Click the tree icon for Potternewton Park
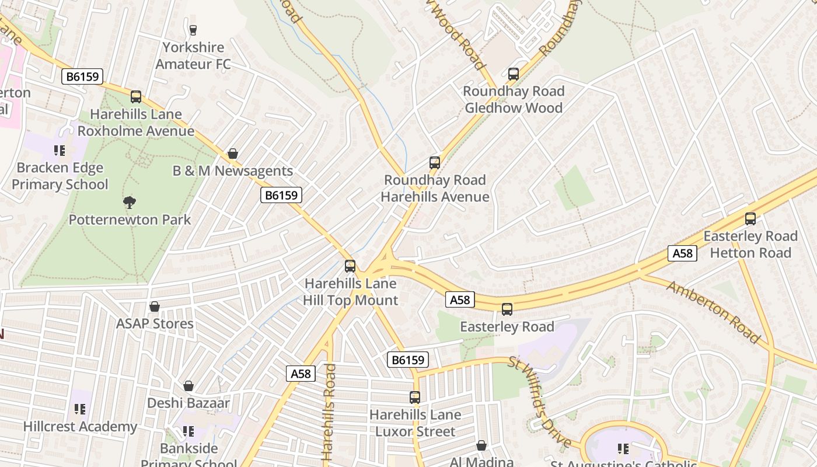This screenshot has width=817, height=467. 130,203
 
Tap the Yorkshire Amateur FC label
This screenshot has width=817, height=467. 193,55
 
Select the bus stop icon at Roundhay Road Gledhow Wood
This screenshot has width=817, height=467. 514,74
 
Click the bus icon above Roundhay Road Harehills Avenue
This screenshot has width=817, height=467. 435,163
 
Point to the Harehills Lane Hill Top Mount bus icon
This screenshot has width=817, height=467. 350,266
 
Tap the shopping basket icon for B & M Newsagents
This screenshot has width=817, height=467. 233,154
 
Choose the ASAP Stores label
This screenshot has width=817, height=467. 155,323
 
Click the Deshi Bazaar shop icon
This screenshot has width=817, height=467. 188,386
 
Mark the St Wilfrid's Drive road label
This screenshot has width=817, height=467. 540,402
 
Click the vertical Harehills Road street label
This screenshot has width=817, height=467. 329,412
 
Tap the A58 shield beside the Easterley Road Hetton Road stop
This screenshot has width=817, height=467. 682,253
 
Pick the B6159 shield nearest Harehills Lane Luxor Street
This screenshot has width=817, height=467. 408,360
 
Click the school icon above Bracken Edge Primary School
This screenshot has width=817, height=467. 60,151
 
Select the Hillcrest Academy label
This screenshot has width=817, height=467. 80,427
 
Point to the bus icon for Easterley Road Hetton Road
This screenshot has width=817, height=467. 750,219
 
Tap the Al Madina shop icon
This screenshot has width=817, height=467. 481,445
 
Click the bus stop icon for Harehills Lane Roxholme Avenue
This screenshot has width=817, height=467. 136,97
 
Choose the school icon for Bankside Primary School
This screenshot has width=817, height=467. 188,431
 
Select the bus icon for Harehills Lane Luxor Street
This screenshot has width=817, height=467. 415,398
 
